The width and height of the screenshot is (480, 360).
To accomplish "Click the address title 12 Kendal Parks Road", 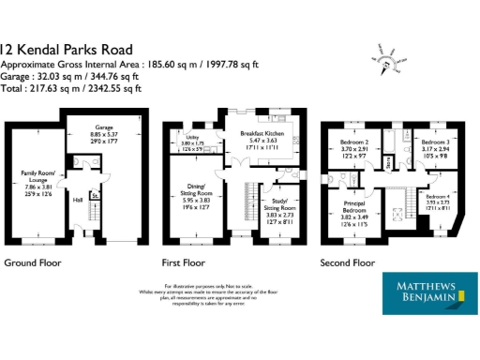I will point(67,49).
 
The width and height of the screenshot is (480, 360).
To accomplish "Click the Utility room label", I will point(178,136).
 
